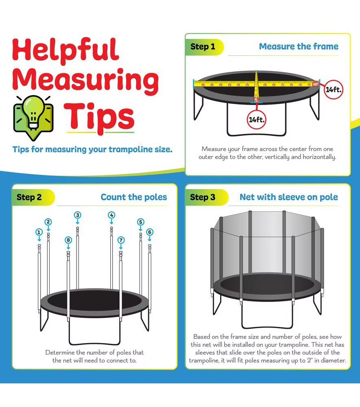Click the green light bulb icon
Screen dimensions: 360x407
[x=33, y=117]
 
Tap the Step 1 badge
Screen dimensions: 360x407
[x=204, y=47]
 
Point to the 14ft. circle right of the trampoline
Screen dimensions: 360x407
[x=334, y=90]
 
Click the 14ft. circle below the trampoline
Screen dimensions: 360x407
[x=256, y=120]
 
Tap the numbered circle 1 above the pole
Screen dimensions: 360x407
[x=39, y=232]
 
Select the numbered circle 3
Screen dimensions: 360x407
[x=78, y=215]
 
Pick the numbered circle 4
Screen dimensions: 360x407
[x=111, y=215]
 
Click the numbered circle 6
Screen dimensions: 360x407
[x=150, y=232]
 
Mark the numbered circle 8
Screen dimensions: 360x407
[x=68, y=240]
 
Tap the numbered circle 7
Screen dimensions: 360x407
[x=121, y=240]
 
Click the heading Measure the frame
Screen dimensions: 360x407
[x=299, y=46]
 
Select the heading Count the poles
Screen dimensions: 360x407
[x=134, y=197]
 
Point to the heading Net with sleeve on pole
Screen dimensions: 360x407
[x=289, y=197]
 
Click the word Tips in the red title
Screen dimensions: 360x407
[x=99, y=118]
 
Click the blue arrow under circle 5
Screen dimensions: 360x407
[x=141, y=228]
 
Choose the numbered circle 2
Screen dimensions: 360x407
[x=48, y=222]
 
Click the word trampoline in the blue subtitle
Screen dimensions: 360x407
[x=131, y=150]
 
